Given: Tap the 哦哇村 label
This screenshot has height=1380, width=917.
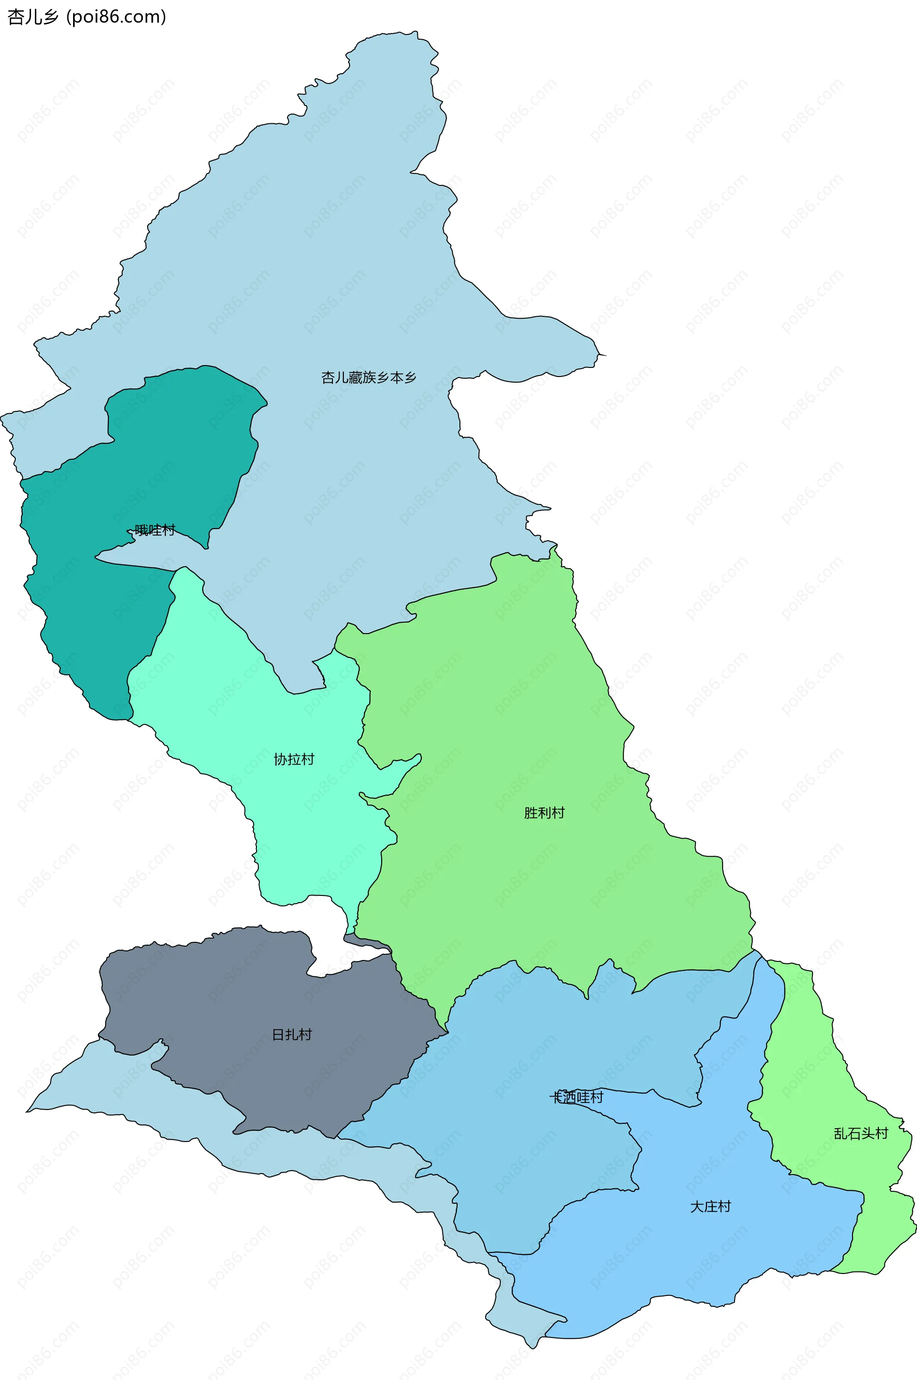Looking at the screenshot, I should click(x=154, y=530).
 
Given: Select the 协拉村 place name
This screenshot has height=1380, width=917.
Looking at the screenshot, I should click(x=294, y=759).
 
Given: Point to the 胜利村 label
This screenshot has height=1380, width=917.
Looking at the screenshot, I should click(x=544, y=812).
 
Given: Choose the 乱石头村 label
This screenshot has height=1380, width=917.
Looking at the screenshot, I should click(x=861, y=1133).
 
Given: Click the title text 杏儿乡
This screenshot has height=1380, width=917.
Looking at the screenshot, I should click(x=33, y=17).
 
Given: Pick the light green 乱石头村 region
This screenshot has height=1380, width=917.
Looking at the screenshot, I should click(x=819, y=1082).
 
